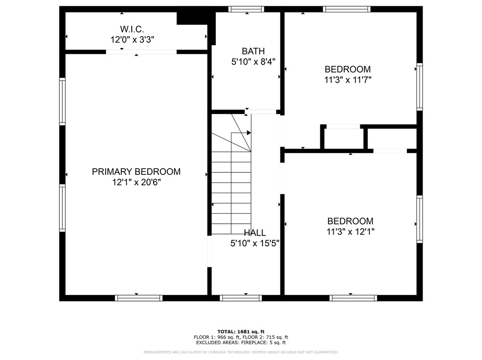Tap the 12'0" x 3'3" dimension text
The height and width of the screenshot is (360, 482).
click(x=133, y=40)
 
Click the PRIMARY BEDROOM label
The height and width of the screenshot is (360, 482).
click(x=136, y=172)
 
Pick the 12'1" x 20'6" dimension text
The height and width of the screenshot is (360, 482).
click(x=136, y=182)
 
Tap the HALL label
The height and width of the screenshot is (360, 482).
click(x=255, y=233)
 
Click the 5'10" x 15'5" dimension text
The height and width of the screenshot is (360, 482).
click(x=255, y=244)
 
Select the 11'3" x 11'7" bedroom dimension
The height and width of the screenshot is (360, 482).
click(x=347, y=80)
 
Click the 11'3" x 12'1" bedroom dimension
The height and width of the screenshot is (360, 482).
click(x=350, y=232)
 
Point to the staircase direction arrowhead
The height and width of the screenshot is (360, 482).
click(x=249, y=133)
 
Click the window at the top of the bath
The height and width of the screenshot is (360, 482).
click(x=246, y=9)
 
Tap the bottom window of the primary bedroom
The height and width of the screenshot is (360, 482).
click(x=138, y=298)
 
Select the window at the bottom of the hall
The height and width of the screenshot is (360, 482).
click(x=241, y=298)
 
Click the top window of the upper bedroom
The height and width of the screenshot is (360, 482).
click(x=346, y=9)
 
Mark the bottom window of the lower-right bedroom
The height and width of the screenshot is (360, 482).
click(x=353, y=298)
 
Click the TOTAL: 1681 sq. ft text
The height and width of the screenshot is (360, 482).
click(x=241, y=332)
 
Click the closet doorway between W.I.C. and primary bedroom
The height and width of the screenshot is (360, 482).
click(x=141, y=52)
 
